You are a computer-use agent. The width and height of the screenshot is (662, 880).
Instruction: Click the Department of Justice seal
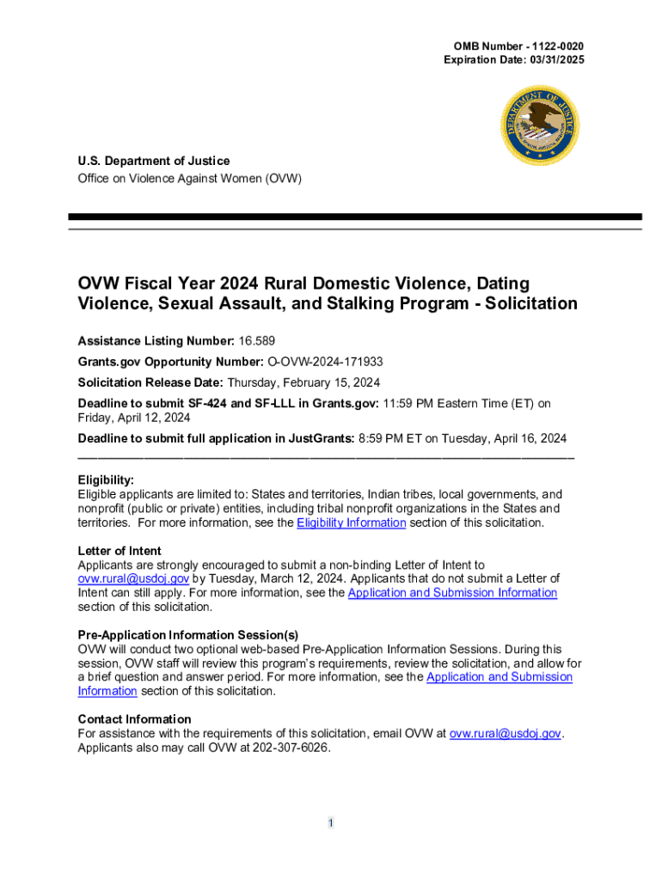540,125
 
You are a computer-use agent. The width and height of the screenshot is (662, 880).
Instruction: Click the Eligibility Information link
351,522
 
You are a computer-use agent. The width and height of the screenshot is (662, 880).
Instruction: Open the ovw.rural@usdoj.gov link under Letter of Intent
127,578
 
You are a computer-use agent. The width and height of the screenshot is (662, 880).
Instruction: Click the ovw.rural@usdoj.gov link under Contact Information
506,733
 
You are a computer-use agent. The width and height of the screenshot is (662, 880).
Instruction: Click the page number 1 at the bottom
330,823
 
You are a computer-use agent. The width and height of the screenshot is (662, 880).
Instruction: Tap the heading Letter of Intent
120,551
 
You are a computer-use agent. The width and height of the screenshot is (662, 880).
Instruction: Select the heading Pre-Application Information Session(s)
188,635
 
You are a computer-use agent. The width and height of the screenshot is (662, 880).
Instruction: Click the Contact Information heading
134,718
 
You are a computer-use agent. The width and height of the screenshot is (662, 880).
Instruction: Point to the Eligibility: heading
106,480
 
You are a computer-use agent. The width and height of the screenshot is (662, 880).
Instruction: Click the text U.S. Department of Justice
154,161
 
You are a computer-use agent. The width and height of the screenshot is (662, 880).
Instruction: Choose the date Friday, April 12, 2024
134,418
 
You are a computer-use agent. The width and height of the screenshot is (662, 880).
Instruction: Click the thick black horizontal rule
355,217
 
